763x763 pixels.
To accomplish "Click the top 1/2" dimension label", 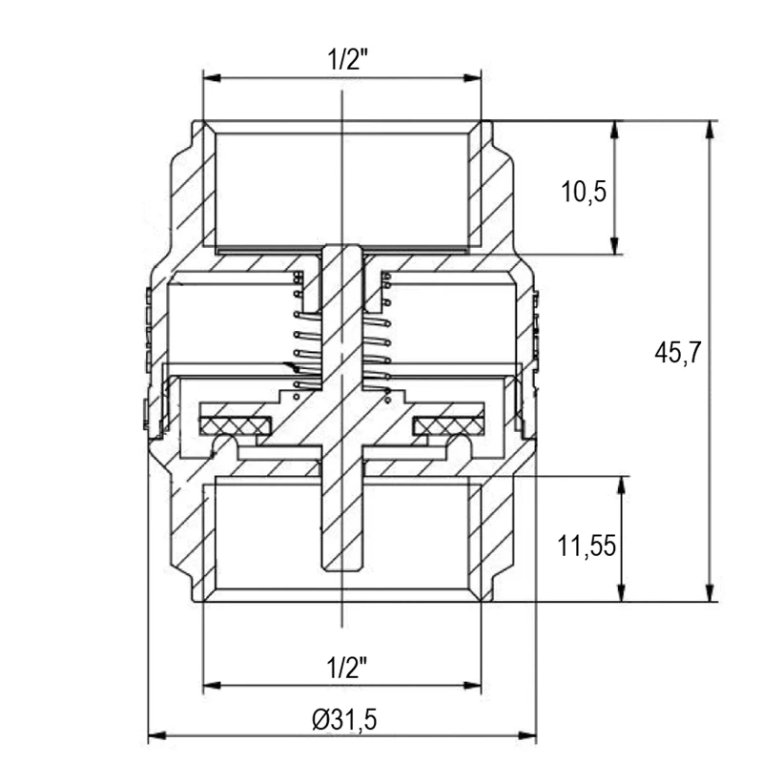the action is coord(348,59).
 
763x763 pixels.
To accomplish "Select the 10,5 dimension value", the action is coord(584,192).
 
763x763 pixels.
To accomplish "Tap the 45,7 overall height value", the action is coord(677,352).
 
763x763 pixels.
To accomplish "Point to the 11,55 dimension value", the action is coord(587,546).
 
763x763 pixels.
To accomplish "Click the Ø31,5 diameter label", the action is coord(344,719).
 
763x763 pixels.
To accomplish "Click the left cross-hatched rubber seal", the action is coord(235,426).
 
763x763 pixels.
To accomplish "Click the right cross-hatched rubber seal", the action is coord(448,426).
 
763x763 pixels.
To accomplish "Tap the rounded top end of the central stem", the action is coord(342,247).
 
